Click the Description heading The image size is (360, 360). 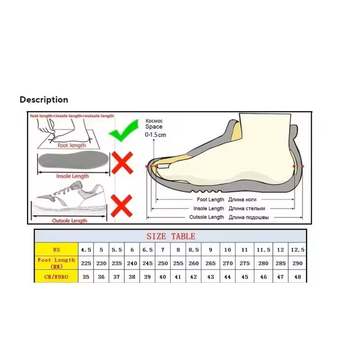(44, 100)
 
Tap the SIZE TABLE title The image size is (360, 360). (171, 236)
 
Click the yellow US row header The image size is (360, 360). (56, 250)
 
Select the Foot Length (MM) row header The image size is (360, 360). (56, 263)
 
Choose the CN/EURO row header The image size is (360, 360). (56, 277)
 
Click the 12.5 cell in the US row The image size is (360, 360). (297, 250)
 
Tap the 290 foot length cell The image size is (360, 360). (297, 263)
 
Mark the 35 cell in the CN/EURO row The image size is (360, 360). (86, 277)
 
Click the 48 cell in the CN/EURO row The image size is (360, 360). (297, 277)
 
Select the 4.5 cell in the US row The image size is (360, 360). (86, 250)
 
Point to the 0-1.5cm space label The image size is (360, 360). (155, 135)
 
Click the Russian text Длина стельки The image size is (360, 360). (247, 208)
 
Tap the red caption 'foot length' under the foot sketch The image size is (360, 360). (72, 145)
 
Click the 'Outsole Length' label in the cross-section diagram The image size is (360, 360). (207, 217)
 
